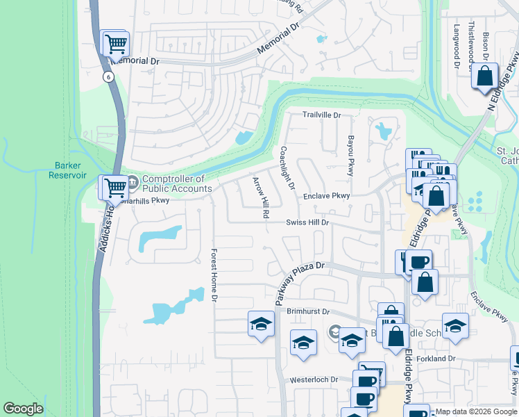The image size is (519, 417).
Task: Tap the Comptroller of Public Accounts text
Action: [177, 184]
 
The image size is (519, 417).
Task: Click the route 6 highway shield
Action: [108, 77]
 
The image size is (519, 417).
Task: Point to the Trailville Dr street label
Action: [322, 115]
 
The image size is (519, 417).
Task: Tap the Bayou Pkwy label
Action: [350, 155]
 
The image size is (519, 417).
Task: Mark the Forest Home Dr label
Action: [214, 275]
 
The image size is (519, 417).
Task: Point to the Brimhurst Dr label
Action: [307, 313]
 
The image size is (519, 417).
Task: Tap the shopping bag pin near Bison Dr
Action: [485, 76]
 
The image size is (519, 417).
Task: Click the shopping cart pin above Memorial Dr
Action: [116, 44]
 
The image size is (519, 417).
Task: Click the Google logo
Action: [23, 409]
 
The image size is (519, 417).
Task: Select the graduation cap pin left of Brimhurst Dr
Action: [261, 325]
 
